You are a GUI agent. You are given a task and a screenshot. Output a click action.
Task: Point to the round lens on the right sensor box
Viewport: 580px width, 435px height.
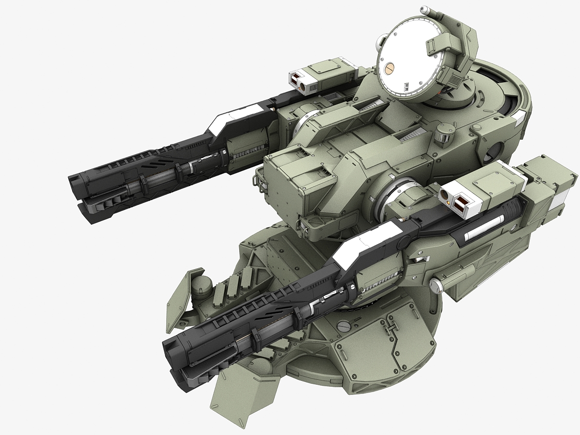tap(443, 195)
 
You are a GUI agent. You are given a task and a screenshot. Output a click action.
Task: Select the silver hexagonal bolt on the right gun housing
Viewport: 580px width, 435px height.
tap(436, 285)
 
